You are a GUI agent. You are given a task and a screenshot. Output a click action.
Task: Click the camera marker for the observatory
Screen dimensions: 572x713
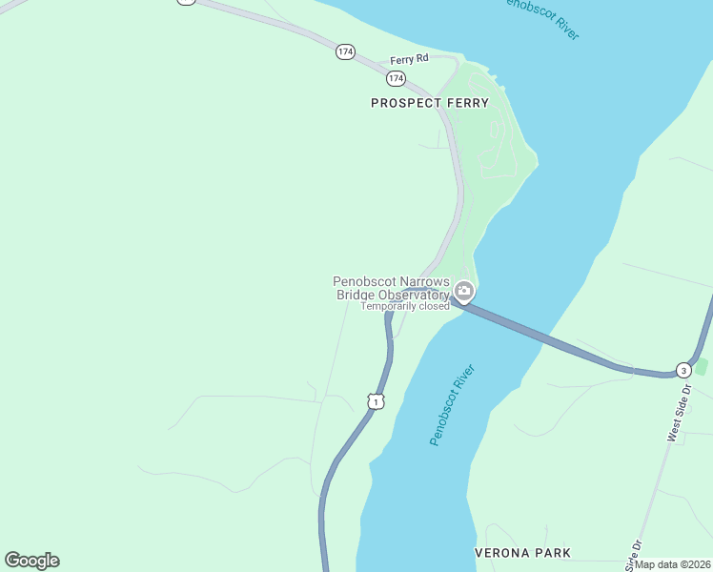point(463,291)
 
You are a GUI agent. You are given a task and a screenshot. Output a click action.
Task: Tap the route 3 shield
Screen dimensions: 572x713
point(682,370)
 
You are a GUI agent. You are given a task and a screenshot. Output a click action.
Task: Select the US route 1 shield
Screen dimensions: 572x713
point(377,402)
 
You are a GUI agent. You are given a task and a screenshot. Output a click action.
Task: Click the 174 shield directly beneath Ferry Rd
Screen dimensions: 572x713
point(397,77)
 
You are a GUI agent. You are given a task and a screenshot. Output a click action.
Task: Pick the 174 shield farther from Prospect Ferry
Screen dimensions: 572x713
point(345,51)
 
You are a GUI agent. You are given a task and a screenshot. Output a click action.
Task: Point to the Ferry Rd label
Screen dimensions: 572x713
point(410,59)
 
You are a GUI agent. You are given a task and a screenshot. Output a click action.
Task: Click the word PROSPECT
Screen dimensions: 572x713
point(406,103)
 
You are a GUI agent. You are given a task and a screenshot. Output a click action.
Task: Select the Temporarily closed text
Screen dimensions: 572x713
point(404,307)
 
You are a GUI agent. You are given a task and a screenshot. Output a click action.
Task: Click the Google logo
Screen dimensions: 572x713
point(31,561)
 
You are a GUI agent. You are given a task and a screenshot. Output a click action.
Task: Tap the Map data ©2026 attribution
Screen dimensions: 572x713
point(672,564)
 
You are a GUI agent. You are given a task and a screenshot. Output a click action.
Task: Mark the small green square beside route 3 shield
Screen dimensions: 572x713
point(703,367)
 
